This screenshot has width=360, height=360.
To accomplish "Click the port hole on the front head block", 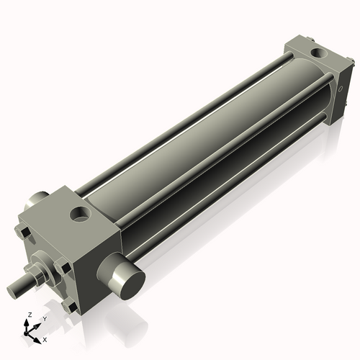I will tap(79, 214).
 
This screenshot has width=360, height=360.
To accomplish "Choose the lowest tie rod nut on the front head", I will tap(70, 305).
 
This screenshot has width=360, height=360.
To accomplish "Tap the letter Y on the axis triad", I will tap(44, 318).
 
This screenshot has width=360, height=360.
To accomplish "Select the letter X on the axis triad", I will tap(45, 338).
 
